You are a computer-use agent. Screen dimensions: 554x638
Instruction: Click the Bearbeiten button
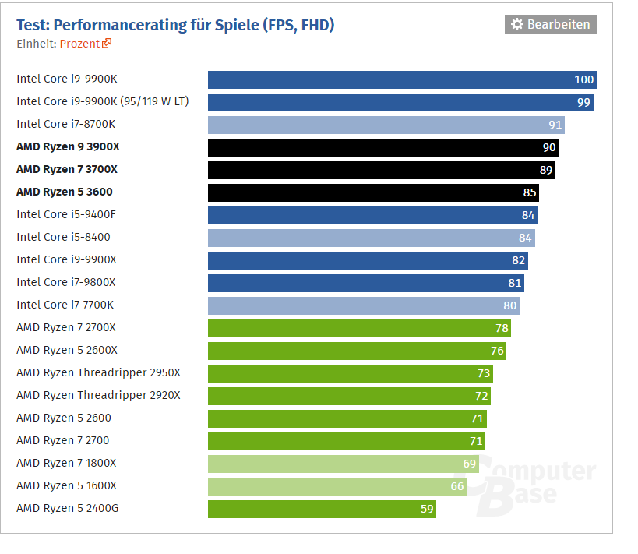coord(551,25)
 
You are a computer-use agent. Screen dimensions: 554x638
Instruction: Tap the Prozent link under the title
coord(79,44)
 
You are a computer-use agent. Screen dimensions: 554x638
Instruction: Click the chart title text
coord(175,25)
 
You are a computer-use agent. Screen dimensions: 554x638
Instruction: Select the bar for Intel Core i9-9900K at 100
coord(389,79)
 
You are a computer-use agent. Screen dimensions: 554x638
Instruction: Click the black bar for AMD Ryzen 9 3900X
coord(374,147)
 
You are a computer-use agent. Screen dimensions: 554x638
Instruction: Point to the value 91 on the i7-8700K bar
coord(555,125)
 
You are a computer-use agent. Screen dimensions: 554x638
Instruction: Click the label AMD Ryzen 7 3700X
coord(67,169)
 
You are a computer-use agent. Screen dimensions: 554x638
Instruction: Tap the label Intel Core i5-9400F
coord(66,214)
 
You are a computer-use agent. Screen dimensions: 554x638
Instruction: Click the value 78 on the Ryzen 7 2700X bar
coord(502,328)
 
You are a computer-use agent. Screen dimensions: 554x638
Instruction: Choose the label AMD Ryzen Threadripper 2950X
coord(98,372)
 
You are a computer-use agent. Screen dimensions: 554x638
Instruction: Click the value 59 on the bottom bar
coord(426,509)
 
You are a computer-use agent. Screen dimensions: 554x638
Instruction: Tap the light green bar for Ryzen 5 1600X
coord(327,486)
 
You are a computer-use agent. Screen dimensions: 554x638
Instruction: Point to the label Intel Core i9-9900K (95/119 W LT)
coord(102,101)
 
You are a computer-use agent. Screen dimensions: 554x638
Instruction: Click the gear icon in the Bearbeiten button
coord(517,25)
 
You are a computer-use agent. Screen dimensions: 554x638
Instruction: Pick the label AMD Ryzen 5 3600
coord(59,192)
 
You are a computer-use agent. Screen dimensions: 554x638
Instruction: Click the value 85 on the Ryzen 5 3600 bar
coord(530,192)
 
